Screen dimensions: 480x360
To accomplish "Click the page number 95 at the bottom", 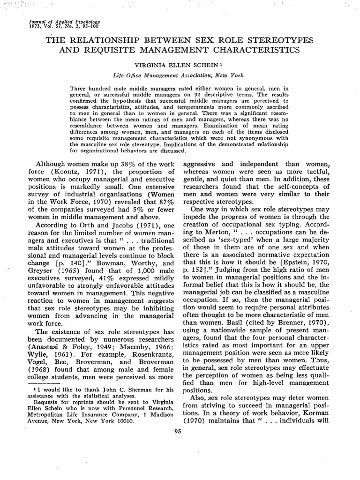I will click(x=177, y=432).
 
